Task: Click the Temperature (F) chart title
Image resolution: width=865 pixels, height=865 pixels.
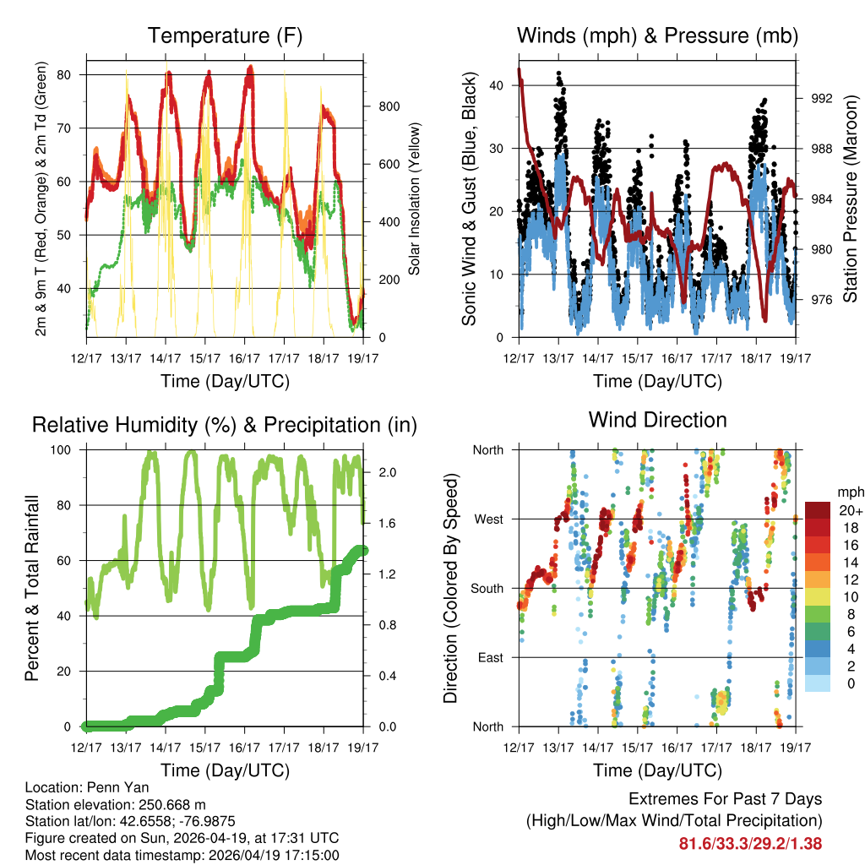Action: click(x=225, y=36)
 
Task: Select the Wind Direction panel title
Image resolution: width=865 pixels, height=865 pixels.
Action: click(x=657, y=420)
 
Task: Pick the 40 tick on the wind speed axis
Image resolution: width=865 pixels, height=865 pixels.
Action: click(x=498, y=85)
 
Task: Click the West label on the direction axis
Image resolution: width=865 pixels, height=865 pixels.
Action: click(x=487, y=520)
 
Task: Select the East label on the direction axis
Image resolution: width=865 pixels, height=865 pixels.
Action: click(x=490, y=657)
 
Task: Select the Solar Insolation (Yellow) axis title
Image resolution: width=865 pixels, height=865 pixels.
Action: click(x=415, y=200)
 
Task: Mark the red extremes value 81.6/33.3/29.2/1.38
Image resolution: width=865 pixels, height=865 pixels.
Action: click(x=750, y=843)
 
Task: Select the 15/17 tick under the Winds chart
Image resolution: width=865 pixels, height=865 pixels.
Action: click(x=639, y=358)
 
